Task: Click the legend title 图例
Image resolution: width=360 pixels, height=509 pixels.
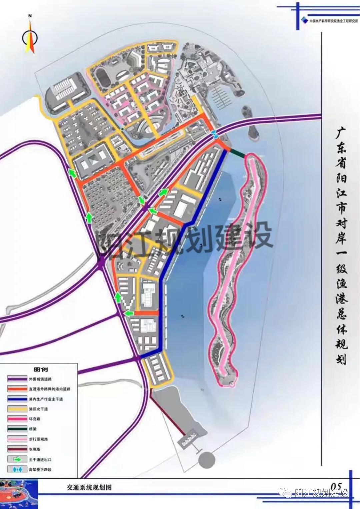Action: coord(41,369)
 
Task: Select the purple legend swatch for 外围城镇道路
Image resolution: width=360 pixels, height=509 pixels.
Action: coord(17,379)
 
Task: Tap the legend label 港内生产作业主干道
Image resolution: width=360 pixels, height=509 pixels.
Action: coord(46,399)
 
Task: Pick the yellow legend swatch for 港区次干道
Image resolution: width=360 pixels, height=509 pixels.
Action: coord(17,409)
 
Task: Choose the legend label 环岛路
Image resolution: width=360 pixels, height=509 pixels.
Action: coord(34,419)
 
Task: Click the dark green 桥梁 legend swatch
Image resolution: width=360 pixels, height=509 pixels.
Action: coord(17,429)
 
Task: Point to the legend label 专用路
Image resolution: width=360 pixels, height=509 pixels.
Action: coord(34,449)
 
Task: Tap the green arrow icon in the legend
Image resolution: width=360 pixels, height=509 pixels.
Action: coord(17,459)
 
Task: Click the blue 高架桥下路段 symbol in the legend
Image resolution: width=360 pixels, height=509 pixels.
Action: coord(17,469)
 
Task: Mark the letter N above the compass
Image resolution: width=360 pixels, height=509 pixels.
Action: coord(30,16)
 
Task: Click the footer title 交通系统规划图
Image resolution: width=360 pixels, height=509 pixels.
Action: coord(89,487)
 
